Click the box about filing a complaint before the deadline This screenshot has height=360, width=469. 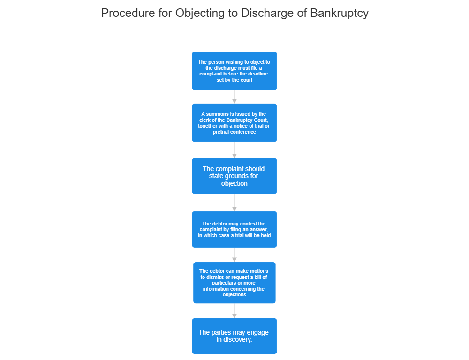click(234, 71)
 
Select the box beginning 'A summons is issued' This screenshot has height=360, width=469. click(234, 123)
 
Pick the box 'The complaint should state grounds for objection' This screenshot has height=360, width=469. click(234, 176)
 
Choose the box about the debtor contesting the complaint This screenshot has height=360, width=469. click(234, 229)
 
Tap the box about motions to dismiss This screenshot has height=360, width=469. click(234, 283)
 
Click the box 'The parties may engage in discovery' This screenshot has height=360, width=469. click(234, 336)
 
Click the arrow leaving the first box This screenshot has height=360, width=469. click(234, 97)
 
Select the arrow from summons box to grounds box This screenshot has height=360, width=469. click(234, 150)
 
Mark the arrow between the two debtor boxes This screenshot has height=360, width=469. click(234, 255)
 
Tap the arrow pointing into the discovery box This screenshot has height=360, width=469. click(234, 311)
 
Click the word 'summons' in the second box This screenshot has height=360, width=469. click(218, 114)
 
